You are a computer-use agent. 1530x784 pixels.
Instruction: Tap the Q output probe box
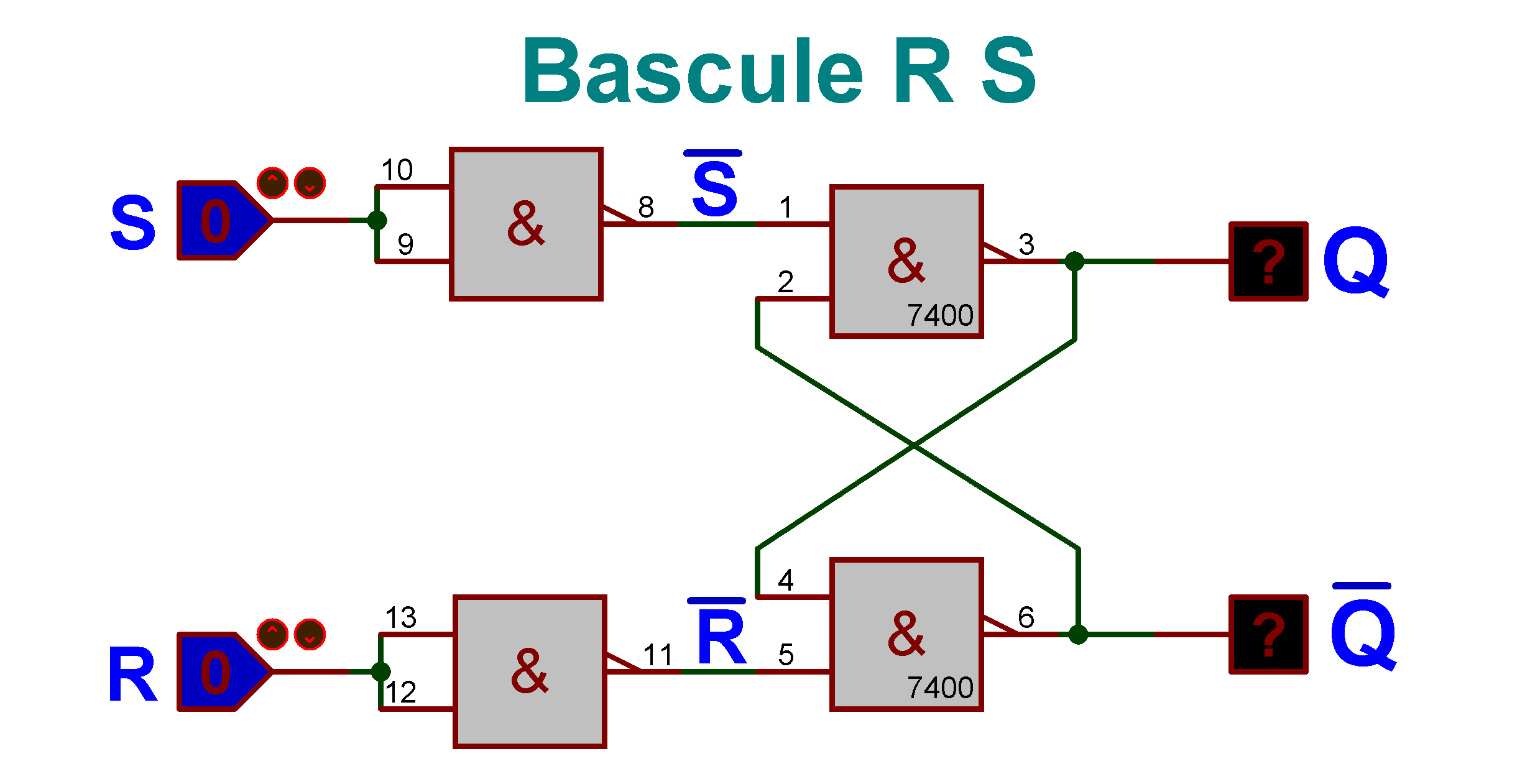1268,262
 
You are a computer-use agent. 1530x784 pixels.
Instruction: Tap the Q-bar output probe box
1268,634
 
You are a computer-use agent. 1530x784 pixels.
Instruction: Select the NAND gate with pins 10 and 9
526,224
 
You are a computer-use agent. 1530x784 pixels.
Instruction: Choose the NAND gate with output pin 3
906,262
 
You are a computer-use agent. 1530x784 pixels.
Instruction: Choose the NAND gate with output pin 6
906,634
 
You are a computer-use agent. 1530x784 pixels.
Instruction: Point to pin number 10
397,170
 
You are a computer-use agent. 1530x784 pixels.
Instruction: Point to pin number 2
785,282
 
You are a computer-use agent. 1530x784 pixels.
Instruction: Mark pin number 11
658,655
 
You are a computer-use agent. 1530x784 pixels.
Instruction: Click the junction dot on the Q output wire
1074,262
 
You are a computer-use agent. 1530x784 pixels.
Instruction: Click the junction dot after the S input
377,221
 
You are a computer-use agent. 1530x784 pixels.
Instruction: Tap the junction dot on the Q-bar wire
1078,634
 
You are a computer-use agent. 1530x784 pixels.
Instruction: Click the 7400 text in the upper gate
939,316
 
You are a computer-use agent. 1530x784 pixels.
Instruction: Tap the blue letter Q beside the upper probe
1355,262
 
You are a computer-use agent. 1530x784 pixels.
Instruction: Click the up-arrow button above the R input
272,634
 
